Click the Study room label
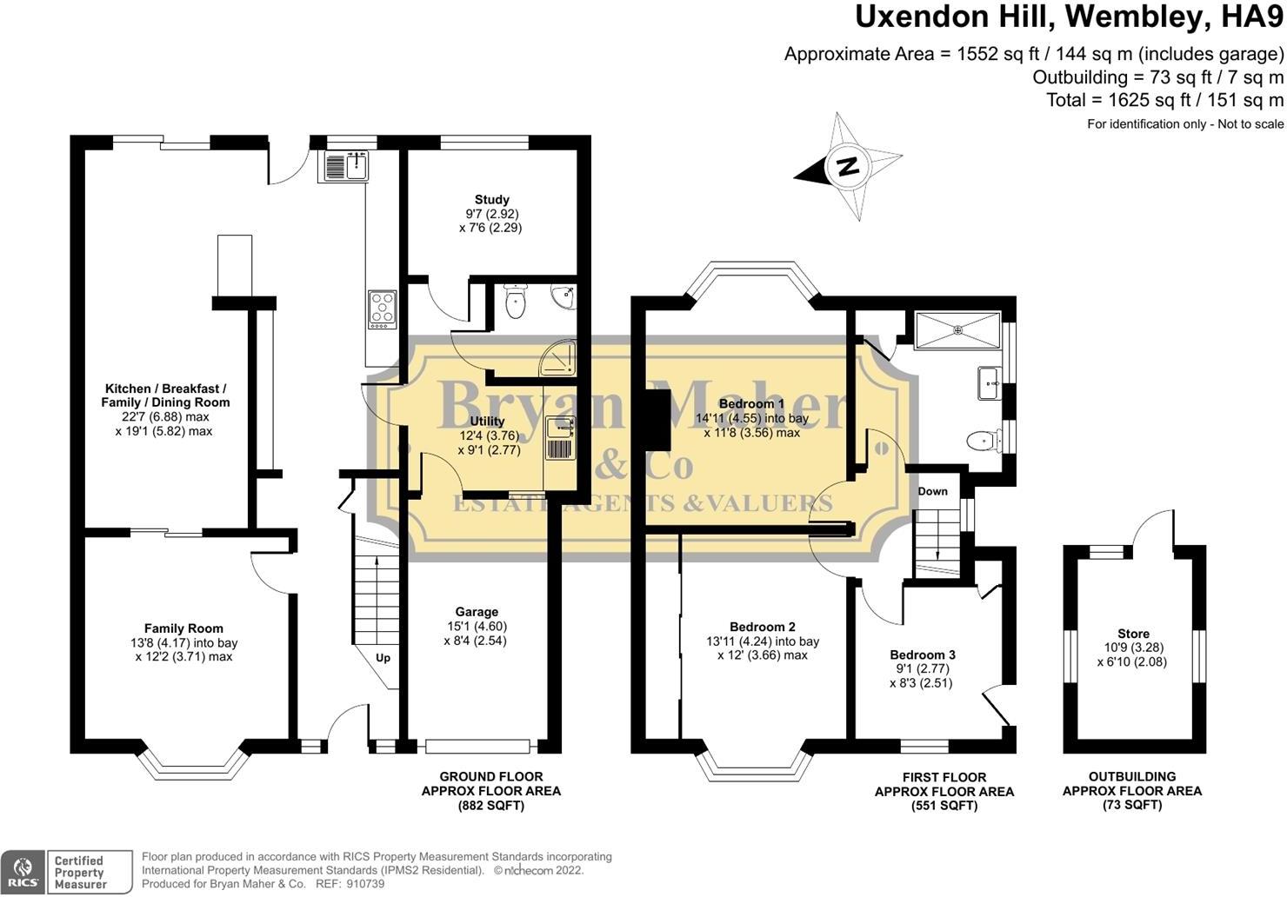(x=492, y=200)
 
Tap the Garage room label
(x=477, y=612)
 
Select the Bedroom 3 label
(x=922, y=655)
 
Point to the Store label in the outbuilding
(x=1133, y=634)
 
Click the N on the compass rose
(x=849, y=167)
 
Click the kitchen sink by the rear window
(x=346, y=166)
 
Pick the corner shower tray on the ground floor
(x=557, y=359)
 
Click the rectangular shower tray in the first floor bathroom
(x=957, y=329)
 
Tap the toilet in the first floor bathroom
(x=984, y=442)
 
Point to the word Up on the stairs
(x=383, y=657)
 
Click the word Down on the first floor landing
(x=932, y=492)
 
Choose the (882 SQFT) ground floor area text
(x=491, y=806)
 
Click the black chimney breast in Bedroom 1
(x=657, y=419)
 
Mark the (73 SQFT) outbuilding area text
(x=1132, y=805)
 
